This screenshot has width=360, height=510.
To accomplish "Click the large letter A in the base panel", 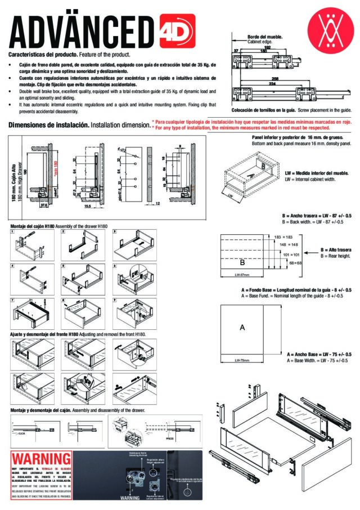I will coord(242,328).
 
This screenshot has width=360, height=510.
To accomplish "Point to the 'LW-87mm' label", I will coord(242,275).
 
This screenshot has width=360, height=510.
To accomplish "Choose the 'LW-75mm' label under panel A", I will coord(242,360).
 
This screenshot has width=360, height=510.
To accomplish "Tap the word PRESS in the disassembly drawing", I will coord(170,436).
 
